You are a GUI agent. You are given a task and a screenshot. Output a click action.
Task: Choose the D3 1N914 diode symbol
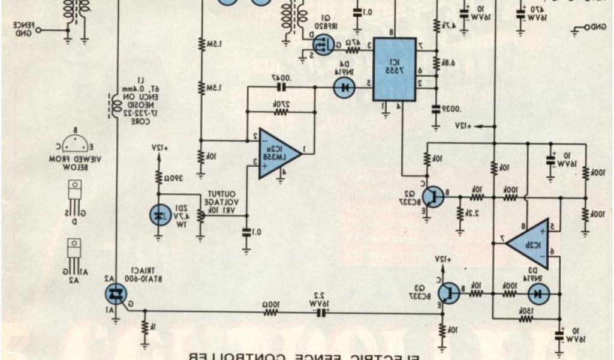click(539, 294)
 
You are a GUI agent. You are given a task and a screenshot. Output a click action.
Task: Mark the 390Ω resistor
click(159, 177)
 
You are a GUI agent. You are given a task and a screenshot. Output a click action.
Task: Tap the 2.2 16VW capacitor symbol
click(318, 311)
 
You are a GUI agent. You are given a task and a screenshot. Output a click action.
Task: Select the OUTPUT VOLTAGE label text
click(222, 197)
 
